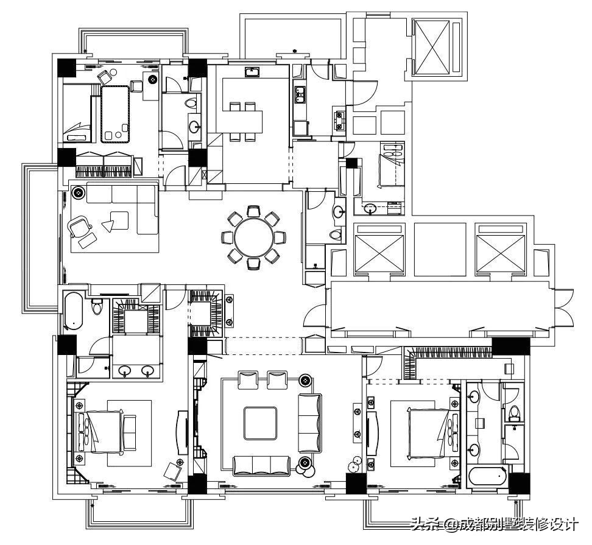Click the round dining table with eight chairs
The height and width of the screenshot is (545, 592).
pos(253,237)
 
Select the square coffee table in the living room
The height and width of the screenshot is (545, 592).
pos(260,423)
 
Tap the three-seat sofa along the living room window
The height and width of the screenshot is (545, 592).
pos(262,466)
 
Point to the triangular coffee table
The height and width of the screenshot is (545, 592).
pos(108,226)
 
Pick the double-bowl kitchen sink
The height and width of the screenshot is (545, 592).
pos(300,94)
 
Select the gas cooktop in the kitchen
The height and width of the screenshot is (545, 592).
pos(339,119)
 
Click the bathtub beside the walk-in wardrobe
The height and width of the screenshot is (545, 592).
pos(73,310)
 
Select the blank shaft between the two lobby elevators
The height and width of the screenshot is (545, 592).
pos(440,250)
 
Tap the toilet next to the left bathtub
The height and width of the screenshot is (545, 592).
pos(97,306)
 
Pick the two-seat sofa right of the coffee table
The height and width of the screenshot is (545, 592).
pos(309,423)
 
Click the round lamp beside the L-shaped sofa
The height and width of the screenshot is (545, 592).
pos(78,192)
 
